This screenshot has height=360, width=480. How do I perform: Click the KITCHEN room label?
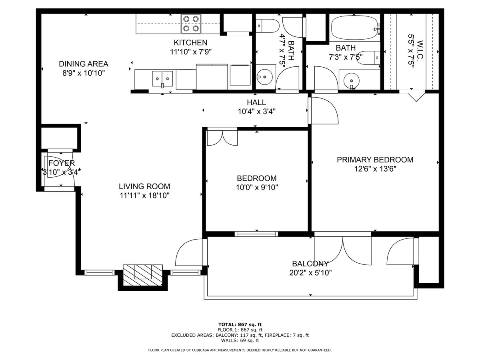[190, 42]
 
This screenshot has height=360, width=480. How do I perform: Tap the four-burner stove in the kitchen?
[191, 24]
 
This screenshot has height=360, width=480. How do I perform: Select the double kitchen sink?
[162, 78]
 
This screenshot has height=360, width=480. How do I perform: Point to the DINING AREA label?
[84, 64]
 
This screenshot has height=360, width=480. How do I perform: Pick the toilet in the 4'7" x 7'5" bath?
[267, 26]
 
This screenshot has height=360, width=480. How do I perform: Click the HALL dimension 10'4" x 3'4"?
[256, 112]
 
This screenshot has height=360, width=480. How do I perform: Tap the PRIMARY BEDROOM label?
[375, 160]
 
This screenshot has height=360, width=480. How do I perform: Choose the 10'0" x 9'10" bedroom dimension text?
[257, 187]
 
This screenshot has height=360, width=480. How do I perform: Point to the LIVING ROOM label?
[144, 186]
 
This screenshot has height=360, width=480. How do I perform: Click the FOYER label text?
[62, 163]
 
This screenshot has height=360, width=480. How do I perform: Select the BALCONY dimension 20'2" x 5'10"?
[310, 273]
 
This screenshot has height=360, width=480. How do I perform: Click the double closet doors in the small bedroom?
[222, 138]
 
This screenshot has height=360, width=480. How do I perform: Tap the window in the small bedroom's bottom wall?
[256, 234]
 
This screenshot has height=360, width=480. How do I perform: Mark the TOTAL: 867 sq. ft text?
[240, 324]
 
